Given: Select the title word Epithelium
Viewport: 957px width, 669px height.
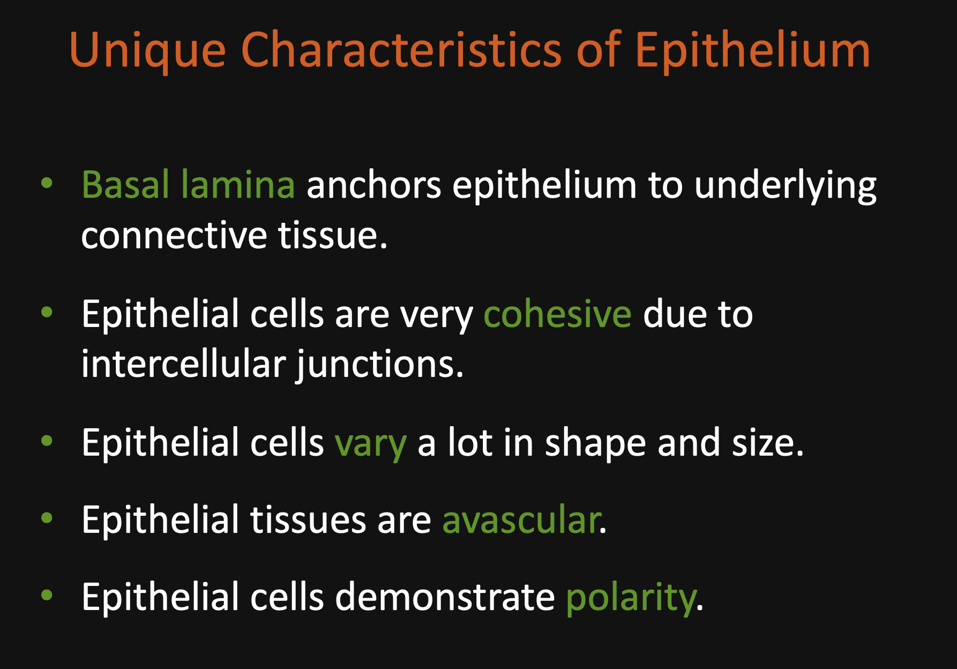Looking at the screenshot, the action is [x=752, y=51].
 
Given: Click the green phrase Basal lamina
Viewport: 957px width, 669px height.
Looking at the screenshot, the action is [x=188, y=184].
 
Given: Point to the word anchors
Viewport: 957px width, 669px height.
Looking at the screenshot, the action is [x=374, y=184].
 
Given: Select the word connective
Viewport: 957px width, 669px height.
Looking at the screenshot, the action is [x=174, y=235].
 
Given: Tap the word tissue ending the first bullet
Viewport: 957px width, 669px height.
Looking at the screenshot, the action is [x=333, y=235].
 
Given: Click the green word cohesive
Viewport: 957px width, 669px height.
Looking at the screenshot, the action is [x=557, y=314].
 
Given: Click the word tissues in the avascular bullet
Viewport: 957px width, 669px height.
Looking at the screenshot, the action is [x=308, y=519].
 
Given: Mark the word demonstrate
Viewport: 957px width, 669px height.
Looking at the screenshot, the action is [x=445, y=597].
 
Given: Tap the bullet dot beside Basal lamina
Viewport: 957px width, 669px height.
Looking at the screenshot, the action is [x=47, y=183].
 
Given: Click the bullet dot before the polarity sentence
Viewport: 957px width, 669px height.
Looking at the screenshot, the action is [x=47, y=595].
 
